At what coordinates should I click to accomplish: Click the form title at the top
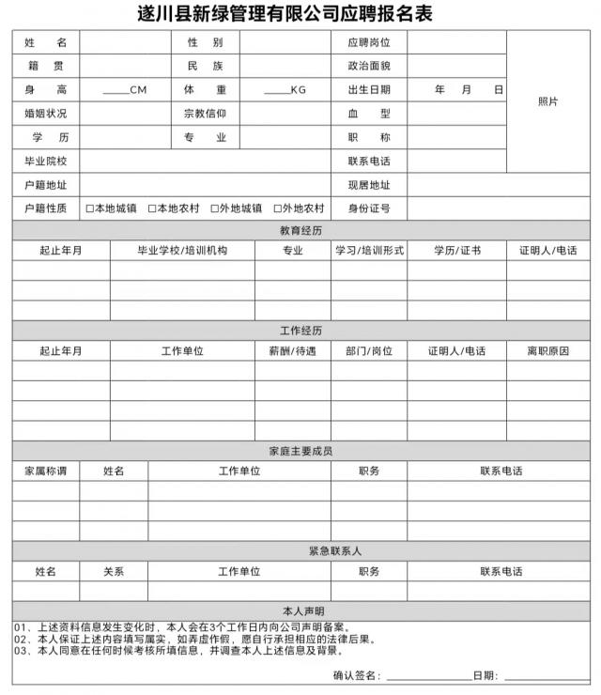pos(300,15)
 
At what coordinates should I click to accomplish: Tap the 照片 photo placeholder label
pos(547,101)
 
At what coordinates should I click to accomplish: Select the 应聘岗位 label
pos(368,43)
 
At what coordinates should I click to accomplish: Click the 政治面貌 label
pos(368,67)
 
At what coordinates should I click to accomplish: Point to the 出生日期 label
pos(368,90)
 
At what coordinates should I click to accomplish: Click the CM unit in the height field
pos(138,90)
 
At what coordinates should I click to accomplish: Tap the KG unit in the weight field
pos(299,90)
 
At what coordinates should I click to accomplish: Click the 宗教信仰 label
pos(205,114)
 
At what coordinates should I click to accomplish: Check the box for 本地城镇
pos(89,208)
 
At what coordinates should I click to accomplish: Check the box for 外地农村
pos(277,208)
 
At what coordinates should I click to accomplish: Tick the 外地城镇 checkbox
pos(215,208)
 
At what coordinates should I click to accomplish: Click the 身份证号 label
pos(368,208)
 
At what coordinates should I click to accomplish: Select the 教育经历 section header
pos(300,230)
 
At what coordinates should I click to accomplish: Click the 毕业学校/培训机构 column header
pos(182,251)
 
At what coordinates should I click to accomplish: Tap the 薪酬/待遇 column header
pos(292,351)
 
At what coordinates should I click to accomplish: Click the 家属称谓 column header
pos(45,471)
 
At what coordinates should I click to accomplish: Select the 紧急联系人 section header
pos(300,550)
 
